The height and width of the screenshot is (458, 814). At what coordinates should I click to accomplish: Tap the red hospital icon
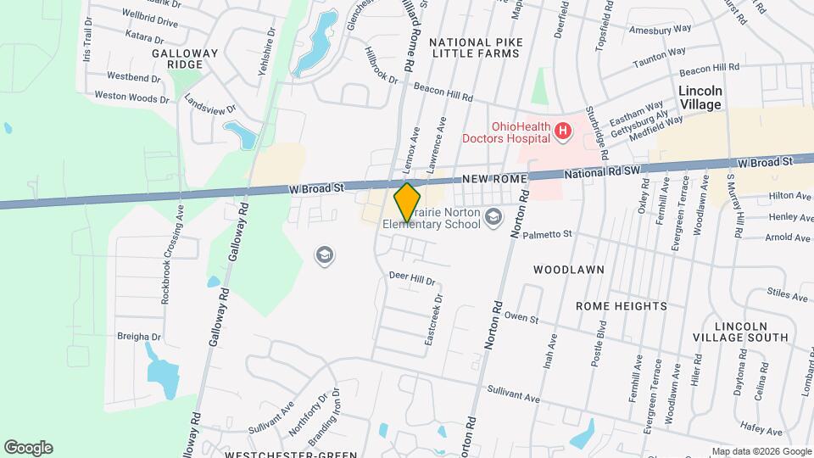[x=563, y=131]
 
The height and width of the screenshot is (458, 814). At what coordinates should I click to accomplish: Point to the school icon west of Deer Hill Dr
[x=323, y=254]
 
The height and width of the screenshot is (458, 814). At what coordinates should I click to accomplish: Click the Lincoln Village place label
[x=700, y=98]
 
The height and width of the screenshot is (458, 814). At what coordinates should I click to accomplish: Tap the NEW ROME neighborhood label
[x=495, y=180]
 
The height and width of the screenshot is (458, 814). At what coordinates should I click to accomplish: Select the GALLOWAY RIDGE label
[x=186, y=59]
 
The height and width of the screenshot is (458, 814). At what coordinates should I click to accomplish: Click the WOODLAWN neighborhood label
[x=568, y=270]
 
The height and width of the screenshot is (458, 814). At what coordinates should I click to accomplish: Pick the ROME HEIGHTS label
[x=621, y=305]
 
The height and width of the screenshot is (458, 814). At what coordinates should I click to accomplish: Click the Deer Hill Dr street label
[x=411, y=278]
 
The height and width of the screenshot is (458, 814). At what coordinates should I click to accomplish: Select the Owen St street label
[x=521, y=318]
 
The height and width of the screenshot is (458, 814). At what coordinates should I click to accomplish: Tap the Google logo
[x=28, y=447]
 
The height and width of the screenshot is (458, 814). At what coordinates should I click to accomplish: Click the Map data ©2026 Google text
[x=761, y=451]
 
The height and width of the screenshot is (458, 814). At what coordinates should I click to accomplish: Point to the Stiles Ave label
[x=787, y=296]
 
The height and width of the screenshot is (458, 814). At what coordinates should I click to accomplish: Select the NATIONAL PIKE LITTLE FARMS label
[x=475, y=47]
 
